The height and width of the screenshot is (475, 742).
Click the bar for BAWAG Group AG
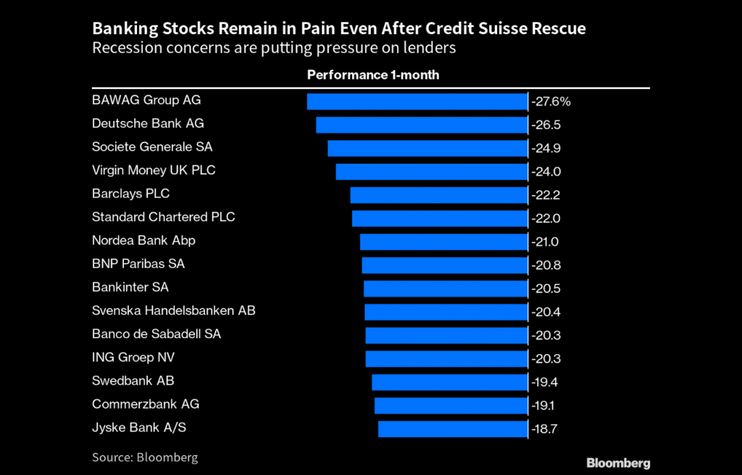[x=417, y=101]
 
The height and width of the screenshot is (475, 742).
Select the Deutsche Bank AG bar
[x=422, y=125]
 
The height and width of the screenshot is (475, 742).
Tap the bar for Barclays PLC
[x=438, y=195]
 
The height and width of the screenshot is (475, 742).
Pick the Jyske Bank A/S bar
[x=453, y=429]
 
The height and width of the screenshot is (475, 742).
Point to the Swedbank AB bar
[x=449, y=382]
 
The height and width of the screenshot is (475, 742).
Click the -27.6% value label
[x=551, y=101]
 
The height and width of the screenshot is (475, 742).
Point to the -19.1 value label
[x=546, y=405]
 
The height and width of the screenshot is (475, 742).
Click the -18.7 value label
[x=546, y=429]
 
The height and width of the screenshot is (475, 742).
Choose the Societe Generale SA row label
[x=152, y=147]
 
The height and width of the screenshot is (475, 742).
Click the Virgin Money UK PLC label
[x=154, y=170]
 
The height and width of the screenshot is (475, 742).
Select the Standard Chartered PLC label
[x=164, y=217]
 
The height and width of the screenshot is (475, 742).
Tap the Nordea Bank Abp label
[x=143, y=240]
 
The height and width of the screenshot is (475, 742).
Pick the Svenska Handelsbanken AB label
[x=174, y=311]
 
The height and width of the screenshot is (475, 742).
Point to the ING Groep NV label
[x=133, y=358]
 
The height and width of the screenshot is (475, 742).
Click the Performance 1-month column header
[x=373, y=75]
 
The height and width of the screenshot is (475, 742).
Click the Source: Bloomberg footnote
[x=145, y=458]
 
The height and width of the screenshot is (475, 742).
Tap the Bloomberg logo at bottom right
[x=617, y=463]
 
